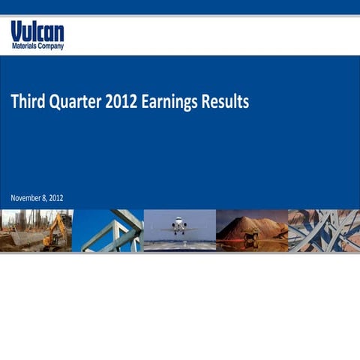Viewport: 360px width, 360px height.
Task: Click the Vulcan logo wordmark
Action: click(x=37, y=31)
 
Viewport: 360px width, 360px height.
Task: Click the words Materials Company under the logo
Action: click(x=37, y=46)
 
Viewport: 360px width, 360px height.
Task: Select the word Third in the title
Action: click(x=27, y=102)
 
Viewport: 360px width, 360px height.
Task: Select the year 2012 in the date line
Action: click(x=55, y=197)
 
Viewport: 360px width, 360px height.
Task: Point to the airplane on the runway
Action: click(x=179, y=224)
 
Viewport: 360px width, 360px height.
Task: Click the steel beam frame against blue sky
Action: click(x=112, y=231)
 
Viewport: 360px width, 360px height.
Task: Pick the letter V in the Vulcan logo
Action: click(x=16, y=31)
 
